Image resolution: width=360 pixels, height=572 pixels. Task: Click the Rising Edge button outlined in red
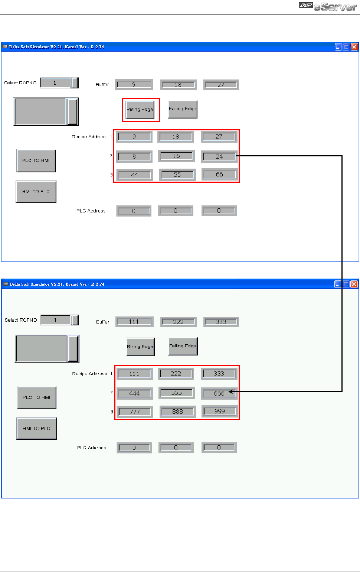140,110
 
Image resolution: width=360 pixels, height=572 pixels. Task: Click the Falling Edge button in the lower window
183,346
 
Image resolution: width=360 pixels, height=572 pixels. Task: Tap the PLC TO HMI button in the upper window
36,160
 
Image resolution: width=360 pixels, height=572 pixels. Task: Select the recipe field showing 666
219,393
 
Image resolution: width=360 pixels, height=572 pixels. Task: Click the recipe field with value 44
134,175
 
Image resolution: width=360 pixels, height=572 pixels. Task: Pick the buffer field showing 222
178,322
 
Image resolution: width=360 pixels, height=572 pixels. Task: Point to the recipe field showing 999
219,411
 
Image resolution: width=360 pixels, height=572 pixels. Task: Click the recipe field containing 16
176,156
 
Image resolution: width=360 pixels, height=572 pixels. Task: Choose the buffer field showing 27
221,85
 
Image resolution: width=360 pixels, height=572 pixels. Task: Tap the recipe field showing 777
135,412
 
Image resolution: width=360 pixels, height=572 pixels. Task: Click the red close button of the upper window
354,47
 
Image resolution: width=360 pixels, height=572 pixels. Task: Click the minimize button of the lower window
338,284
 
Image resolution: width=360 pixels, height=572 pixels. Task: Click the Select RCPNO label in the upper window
20,83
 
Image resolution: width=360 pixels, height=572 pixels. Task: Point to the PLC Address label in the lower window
91,448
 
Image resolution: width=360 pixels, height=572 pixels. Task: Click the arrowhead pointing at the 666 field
230,391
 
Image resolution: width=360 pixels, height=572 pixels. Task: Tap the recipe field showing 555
176,393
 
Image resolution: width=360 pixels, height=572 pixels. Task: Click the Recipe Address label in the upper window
89,137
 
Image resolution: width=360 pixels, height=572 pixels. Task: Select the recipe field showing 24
219,156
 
